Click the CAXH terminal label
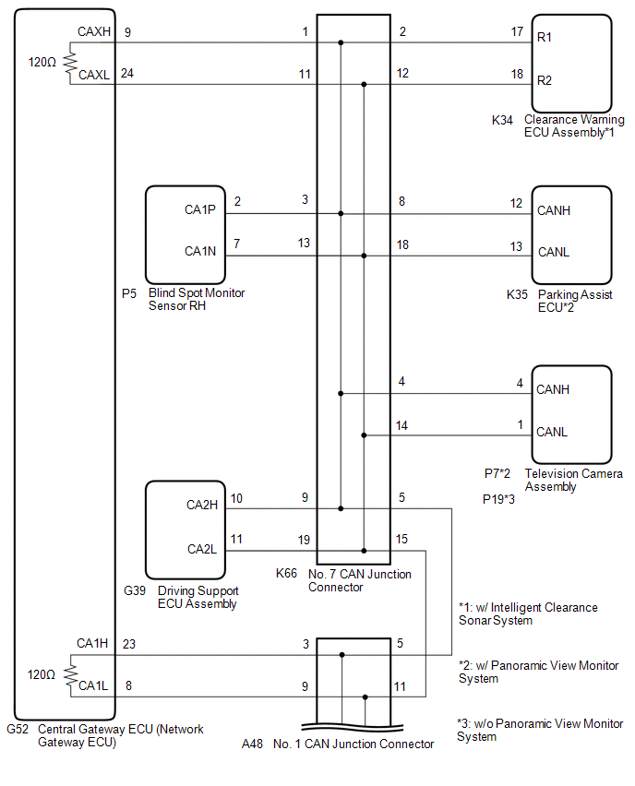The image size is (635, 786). pos(94,31)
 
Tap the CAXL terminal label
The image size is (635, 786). pos(94,75)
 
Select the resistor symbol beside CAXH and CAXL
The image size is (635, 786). pos(70,63)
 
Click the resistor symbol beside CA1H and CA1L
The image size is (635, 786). pos(70,675)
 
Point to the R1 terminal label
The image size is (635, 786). pos(545,37)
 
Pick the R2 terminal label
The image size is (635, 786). pos(545,80)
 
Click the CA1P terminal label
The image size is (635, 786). pos(200,209)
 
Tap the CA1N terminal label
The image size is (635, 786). pos(200,251)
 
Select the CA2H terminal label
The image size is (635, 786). pos(202,505)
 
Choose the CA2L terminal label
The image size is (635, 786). pos(202,549)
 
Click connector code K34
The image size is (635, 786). pos(502,120)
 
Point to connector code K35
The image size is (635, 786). pos(517,294)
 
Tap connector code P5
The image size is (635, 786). pos(129,293)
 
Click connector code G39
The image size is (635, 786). pos(135,591)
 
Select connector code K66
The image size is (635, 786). pos(286,573)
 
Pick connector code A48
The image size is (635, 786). pos(252,744)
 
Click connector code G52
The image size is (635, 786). pos(18,729)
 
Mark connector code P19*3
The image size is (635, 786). pos(498,499)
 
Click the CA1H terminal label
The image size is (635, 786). pos(92,643)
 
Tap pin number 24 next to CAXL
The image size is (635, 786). pos(127,73)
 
